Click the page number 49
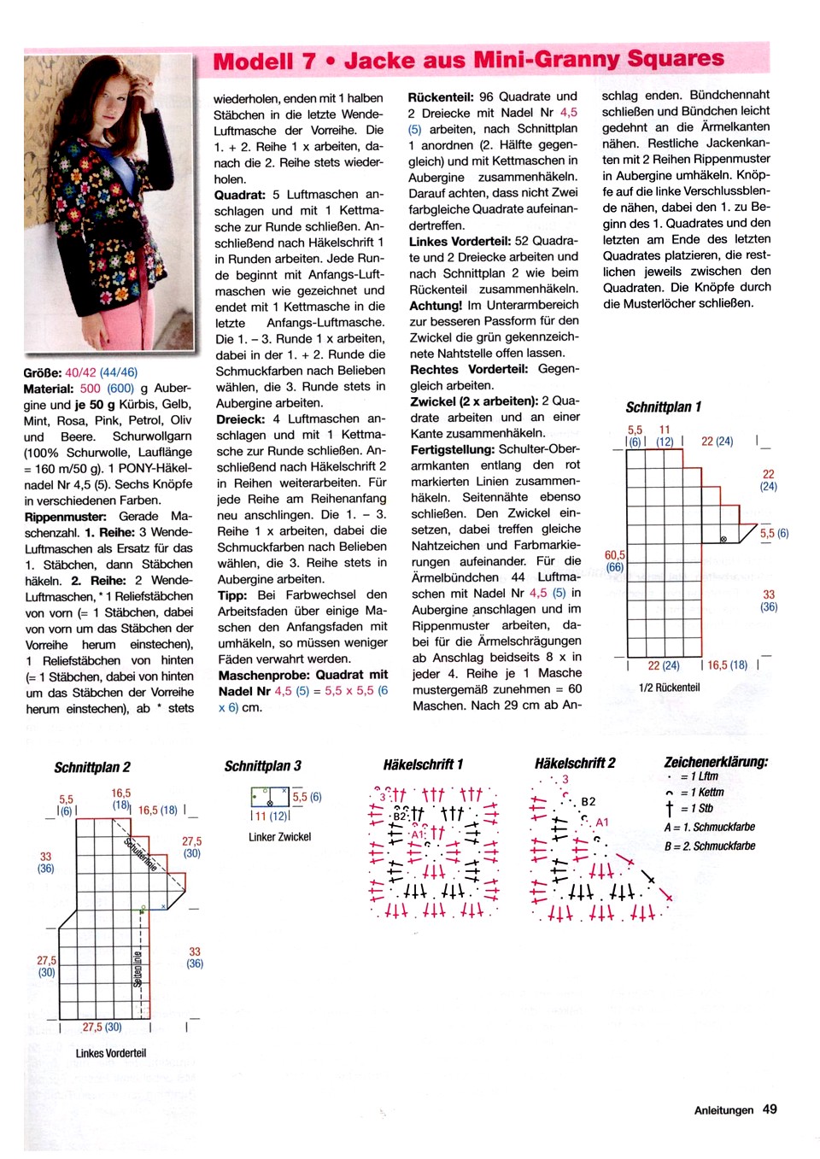tap(770, 1109)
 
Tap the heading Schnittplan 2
tap(92, 768)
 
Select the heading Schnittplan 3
tap(262, 766)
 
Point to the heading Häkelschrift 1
tap(423, 764)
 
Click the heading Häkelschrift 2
tap(575, 764)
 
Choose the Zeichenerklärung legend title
tap(716, 762)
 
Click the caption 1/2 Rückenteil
tap(669, 688)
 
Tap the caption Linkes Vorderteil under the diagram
tap(111, 1053)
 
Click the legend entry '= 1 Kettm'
tap(701, 793)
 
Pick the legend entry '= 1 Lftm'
tap(699, 776)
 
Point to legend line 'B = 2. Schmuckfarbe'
tap(710, 846)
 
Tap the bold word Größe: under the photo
tap(43, 372)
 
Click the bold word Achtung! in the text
tap(436, 305)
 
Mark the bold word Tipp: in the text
tap(232, 594)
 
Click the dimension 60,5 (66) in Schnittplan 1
tap(614, 561)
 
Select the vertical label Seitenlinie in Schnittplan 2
tap(138, 968)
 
